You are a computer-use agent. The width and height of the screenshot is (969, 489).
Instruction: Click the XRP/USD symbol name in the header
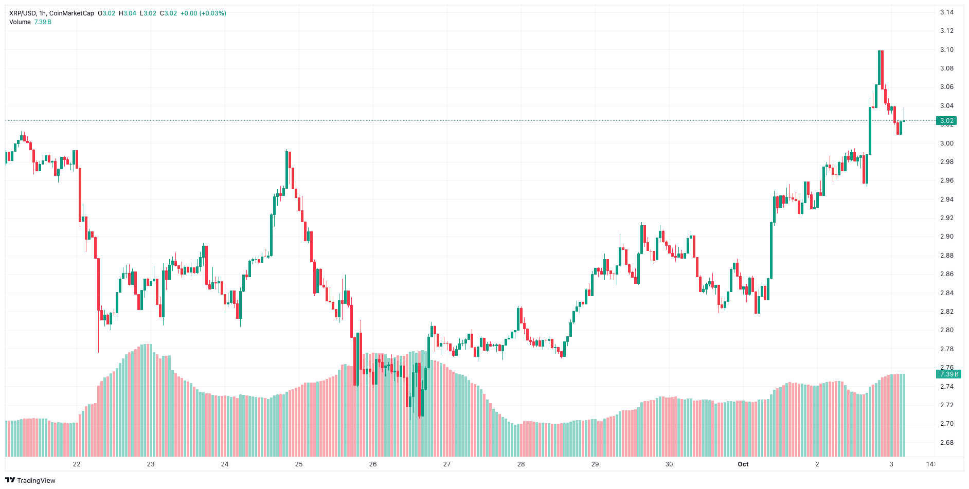coord(22,13)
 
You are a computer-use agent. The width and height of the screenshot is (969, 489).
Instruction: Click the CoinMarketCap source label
coord(71,13)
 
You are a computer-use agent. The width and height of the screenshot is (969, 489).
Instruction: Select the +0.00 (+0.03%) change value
coord(203,13)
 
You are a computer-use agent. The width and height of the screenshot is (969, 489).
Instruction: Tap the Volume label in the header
coord(20,22)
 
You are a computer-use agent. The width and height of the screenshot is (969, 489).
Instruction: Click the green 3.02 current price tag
coord(946,121)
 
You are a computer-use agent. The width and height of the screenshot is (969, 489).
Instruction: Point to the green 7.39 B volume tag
coord(946,374)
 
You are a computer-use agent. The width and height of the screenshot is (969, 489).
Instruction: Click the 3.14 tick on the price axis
coord(946,12)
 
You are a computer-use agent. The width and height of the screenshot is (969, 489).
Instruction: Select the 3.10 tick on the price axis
coord(946,50)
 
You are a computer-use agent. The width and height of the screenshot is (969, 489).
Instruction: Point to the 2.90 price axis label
coord(946,237)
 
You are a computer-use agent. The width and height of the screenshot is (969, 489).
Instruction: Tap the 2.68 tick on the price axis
coord(946,443)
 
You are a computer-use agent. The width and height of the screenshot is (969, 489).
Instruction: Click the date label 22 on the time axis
coord(77,464)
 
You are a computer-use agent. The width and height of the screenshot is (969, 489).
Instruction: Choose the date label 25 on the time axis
coord(299,464)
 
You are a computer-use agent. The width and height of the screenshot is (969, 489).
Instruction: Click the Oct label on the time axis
coord(743,464)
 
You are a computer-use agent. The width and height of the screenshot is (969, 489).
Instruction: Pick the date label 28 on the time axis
coord(521,464)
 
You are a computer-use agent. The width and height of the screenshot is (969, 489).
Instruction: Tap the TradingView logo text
coord(36,480)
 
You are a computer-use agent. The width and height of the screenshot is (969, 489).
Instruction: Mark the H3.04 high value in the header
coord(128,13)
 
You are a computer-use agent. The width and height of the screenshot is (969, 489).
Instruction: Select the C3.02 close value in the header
coord(168,13)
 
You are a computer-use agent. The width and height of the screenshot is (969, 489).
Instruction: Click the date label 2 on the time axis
coord(817,464)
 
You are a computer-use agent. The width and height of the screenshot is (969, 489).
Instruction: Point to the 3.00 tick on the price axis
coord(946,143)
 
